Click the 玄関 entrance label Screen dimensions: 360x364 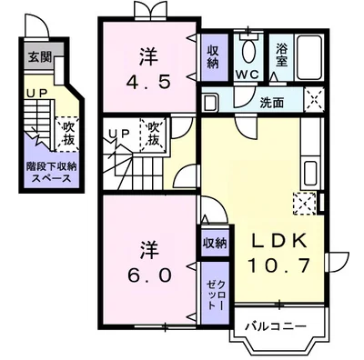tap(37, 58)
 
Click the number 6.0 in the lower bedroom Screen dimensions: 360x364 tap(145, 273)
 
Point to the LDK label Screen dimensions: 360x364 tap(282, 243)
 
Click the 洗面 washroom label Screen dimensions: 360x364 tap(272, 102)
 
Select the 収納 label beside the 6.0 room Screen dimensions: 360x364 tap(214, 243)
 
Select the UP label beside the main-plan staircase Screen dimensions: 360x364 tap(118, 134)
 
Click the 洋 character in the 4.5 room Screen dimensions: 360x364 tap(145, 53)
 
